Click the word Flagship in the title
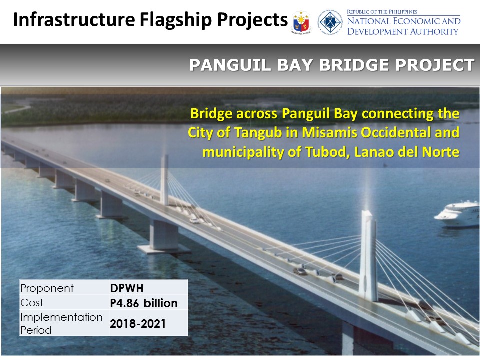click(176, 20)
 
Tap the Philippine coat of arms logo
click(301, 22)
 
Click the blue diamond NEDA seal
click(330, 22)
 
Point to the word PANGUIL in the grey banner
click(230, 65)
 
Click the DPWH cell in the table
click(127, 288)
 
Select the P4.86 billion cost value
click(144, 303)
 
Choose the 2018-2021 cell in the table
click(138, 323)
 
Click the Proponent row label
click(47, 288)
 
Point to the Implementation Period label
click(61, 324)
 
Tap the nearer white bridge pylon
click(368, 256)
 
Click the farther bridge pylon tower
click(164, 180)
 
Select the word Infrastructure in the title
click(74, 20)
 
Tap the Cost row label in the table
click(32, 303)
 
